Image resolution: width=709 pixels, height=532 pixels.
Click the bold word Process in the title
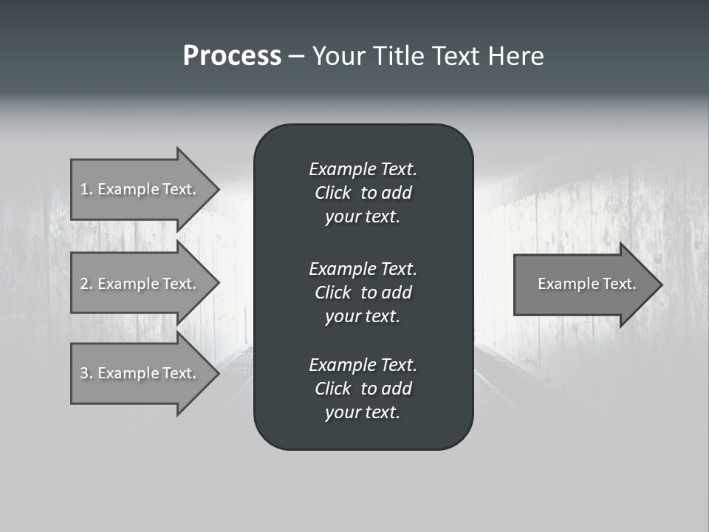pyautogui.click(x=232, y=56)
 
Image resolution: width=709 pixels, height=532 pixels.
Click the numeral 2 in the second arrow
pyautogui.click(x=84, y=284)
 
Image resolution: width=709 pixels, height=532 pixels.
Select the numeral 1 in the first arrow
pyautogui.click(x=84, y=189)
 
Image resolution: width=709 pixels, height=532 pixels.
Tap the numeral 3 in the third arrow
pyautogui.click(x=84, y=373)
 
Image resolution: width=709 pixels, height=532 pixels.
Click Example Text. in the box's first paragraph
pyautogui.click(x=363, y=169)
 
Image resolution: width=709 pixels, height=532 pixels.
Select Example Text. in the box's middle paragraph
pyautogui.click(x=363, y=269)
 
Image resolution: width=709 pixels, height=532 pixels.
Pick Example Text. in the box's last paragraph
pyautogui.click(x=363, y=365)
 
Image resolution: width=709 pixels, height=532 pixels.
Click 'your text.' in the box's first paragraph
pyautogui.click(x=363, y=217)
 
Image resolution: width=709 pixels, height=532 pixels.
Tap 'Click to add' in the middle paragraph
pyautogui.click(x=363, y=293)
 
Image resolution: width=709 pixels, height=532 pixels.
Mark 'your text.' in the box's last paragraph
pyautogui.click(x=363, y=413)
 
